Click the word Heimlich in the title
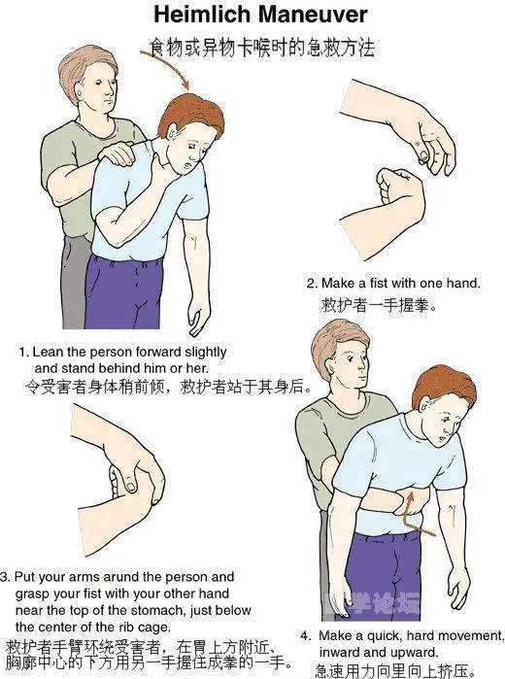click(202, 15)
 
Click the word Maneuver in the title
click(313, 15)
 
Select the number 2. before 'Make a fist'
click(312, 284)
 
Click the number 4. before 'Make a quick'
click(305, 636)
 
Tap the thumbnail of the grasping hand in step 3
click(131, 487)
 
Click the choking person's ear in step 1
click(172, 132)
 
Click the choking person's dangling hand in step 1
click(198, 319)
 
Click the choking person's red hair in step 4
click(441, 386)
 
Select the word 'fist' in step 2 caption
click(379, 284)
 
